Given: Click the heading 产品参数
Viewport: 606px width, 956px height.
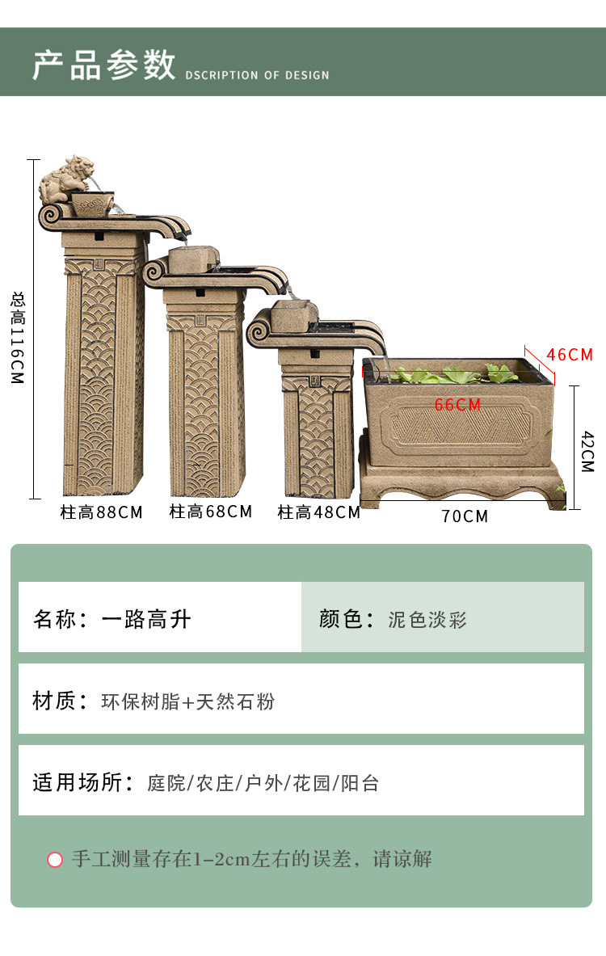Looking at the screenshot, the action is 103,65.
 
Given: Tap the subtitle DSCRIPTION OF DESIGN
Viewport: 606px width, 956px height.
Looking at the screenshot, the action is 257,75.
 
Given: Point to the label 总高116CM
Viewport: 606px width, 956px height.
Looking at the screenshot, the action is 19,337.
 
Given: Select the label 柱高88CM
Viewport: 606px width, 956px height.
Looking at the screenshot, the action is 101,512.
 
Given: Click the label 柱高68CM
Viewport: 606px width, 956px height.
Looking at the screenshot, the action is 210,512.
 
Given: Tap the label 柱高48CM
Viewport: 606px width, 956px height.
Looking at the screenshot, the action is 318,512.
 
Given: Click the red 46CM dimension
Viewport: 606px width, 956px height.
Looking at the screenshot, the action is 570,355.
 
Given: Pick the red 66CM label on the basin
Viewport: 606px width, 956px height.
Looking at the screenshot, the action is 457,405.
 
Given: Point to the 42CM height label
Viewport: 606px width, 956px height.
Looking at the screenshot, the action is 587,451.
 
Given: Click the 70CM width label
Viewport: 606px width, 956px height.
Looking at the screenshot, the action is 465,516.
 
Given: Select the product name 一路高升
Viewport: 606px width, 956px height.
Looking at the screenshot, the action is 146,619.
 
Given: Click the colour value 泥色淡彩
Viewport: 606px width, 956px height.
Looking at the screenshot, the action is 427,620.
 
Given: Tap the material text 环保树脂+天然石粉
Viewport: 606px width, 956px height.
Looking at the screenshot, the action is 187,701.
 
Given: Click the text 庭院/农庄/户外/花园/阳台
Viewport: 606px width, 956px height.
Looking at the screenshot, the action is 263,783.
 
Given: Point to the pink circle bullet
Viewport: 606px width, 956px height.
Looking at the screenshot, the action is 55,859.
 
